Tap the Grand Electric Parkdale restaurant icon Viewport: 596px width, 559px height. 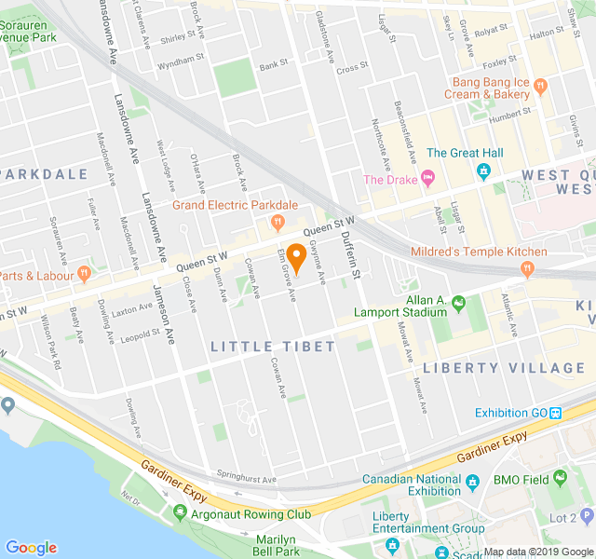coord(277,222)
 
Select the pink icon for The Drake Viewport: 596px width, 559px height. coord(427,177)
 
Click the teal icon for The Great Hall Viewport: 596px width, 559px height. coord(483,171)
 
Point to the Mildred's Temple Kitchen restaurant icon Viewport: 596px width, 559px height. coord(527,269)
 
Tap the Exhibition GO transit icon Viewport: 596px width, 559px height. coord(555,413)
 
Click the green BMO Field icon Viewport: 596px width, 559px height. coord(560,479)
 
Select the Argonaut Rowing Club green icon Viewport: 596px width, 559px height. coord(181,513)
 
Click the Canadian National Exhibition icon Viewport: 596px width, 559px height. coord(472,482)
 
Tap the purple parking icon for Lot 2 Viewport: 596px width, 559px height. coord(585,515)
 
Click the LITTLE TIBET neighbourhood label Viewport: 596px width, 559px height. coord(259,347)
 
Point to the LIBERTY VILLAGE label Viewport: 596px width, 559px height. coord(504,367)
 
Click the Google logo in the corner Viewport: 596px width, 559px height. coord(31,548)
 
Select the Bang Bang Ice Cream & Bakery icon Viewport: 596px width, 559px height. coord(542,86)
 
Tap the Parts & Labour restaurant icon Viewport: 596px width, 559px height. coord(84,274)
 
